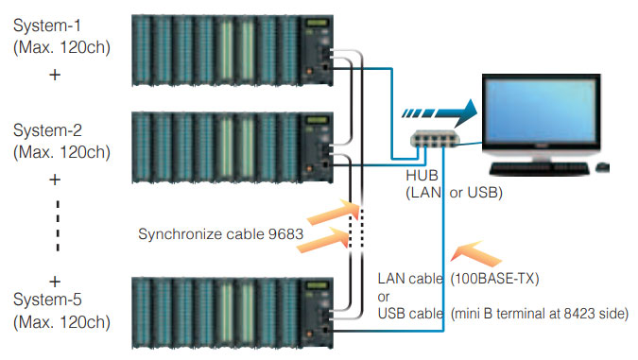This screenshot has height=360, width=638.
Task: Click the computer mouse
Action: click(602, 168)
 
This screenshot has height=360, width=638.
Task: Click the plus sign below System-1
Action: click(55, 74)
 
